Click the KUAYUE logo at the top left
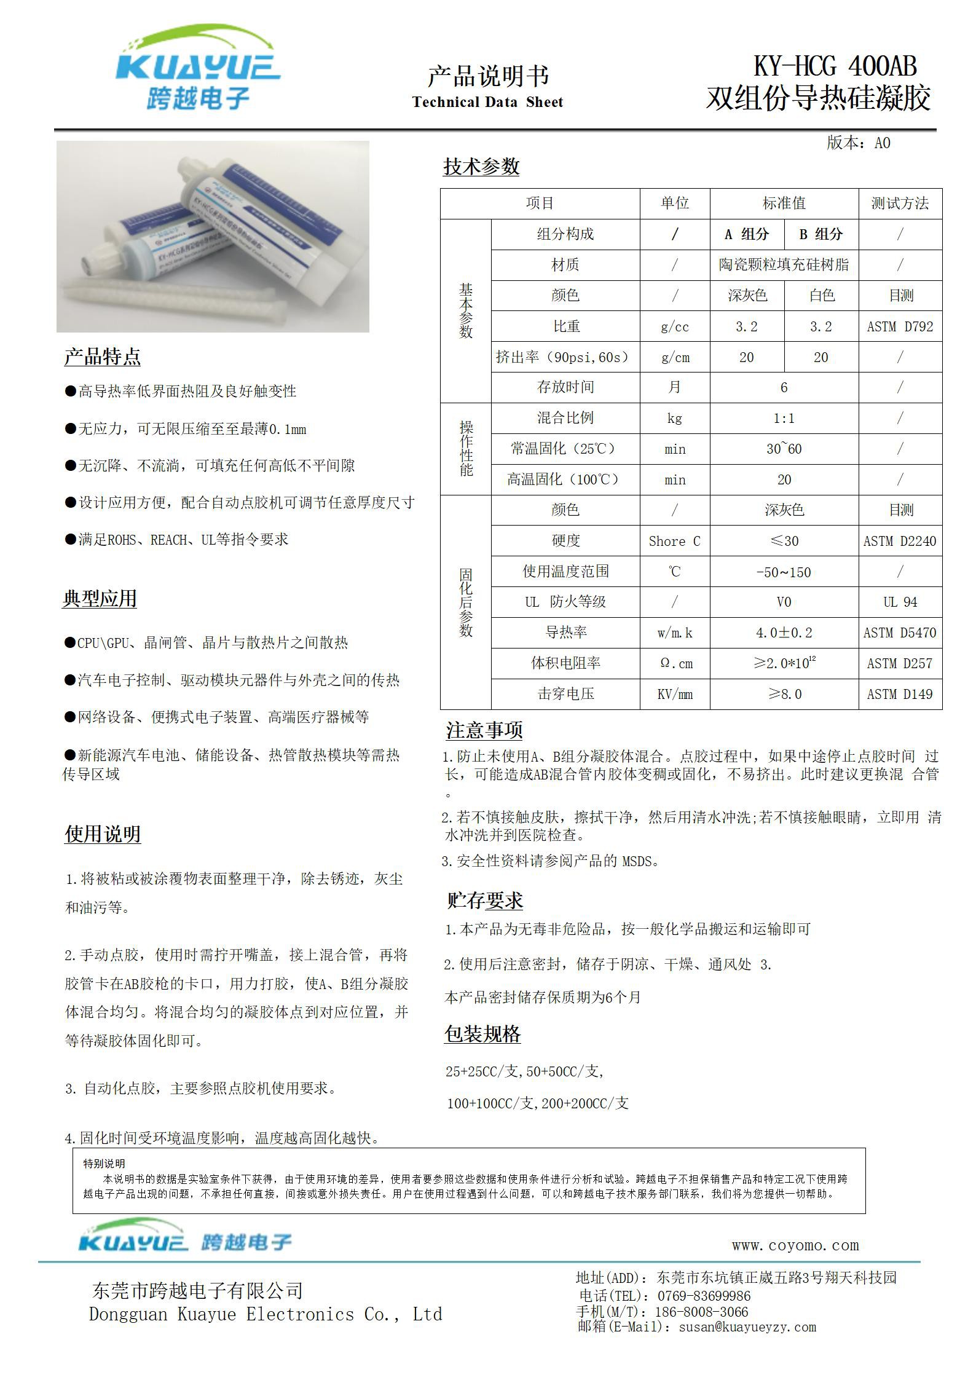point(198,69)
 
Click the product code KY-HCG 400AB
point(835,66)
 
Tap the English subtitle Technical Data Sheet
point(487,102)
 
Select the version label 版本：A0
point(858,143)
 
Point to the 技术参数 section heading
point(481,167)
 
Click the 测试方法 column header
point(900,203)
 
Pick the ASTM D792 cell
point(900,327)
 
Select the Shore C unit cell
point(674,542)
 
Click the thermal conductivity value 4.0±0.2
point(784,633)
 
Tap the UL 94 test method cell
point(900,602)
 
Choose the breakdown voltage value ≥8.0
point(784,695)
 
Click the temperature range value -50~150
point(784,572)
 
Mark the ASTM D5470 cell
point(900,633)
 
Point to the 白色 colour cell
point(821,296)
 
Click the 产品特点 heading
point(102,357)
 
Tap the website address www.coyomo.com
point(795,1245)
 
